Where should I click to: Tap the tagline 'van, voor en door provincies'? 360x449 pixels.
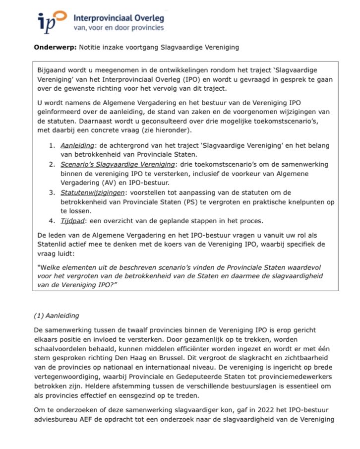(118, 28)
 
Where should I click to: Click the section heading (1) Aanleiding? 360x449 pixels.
(56, 315)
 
